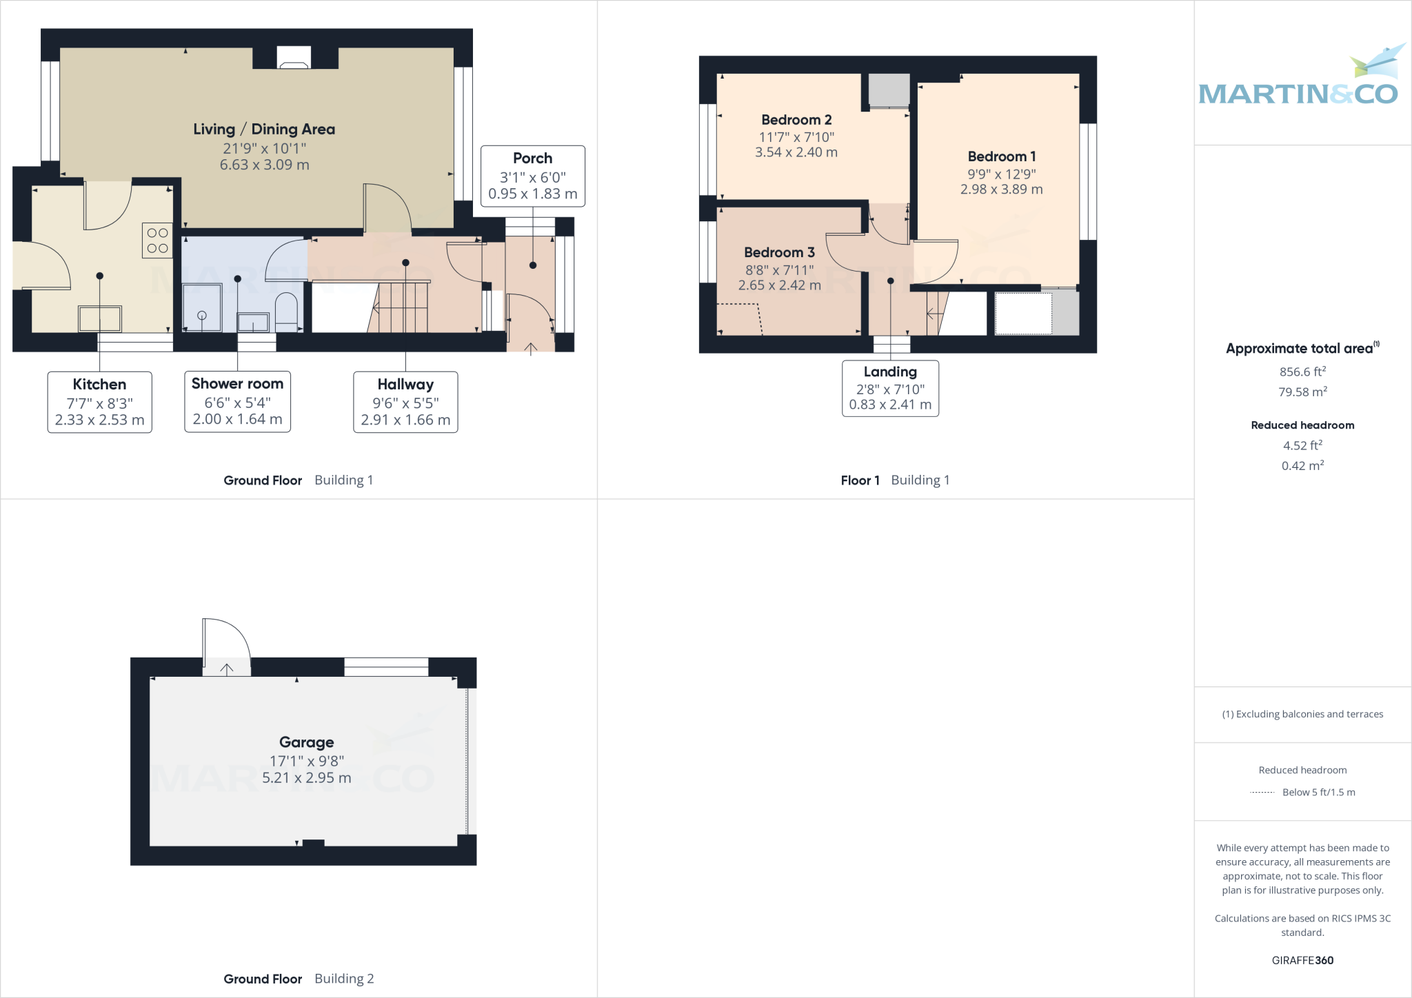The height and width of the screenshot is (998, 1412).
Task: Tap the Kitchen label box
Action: (99, 402)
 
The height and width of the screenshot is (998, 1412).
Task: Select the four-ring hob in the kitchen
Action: (157, 241)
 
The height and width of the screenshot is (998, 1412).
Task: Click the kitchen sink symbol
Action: (100, 318)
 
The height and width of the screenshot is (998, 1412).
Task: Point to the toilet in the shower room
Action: (286, 311)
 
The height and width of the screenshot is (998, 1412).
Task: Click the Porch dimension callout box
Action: (532, 176)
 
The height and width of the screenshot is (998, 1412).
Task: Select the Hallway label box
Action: (405, 402)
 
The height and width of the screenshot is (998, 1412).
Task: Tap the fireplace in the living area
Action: (294, 58)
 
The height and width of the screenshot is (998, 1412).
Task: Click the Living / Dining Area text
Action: (264, 130)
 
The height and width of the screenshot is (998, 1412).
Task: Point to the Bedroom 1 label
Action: (1001, 156)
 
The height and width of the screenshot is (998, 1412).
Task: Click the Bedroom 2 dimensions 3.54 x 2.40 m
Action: (796, 152)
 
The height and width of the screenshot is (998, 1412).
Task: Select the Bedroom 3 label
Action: (779, 252)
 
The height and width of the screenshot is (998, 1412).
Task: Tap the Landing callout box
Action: (890, 388)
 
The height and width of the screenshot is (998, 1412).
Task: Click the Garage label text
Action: (306, 742)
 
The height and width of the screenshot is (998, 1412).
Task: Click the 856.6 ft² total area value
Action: (1302, 371)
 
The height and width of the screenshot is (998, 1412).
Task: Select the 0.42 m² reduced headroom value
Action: (1302, 466)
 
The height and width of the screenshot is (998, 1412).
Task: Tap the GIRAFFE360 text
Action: (1302, 960)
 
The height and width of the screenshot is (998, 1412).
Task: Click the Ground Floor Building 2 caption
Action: (299, 979)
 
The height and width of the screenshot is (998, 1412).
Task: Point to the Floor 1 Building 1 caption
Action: (895, 480)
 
